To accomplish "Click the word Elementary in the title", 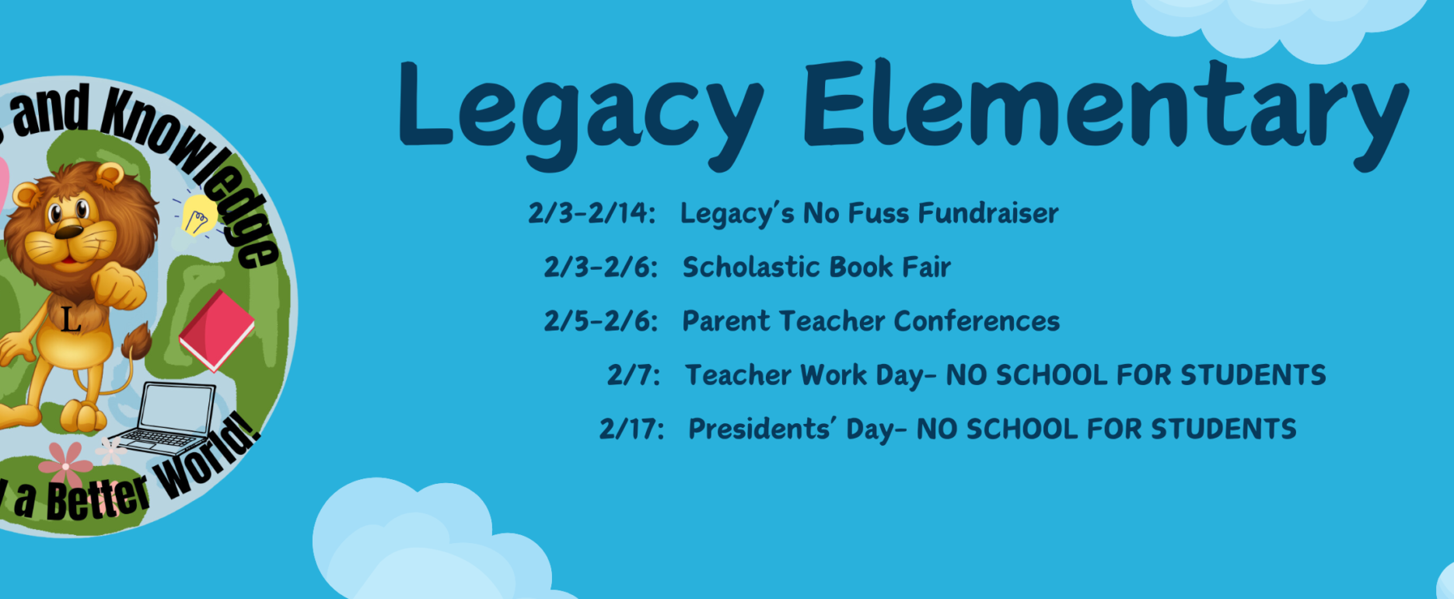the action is pyautogui.click(x=1106, y=113).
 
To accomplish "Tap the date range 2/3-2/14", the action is pyautogui.click(x=592, y=213).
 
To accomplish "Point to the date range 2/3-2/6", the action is pyautogui.click(x=600, y=267).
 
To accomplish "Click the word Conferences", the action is pyautogui.click(x=977, y=321).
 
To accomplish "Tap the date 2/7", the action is pyautogui.click(x=634, y=375).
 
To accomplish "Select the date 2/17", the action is pyautogui.click(x=631, y=429).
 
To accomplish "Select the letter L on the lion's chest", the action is pyautogui.click(x=71, y=319).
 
